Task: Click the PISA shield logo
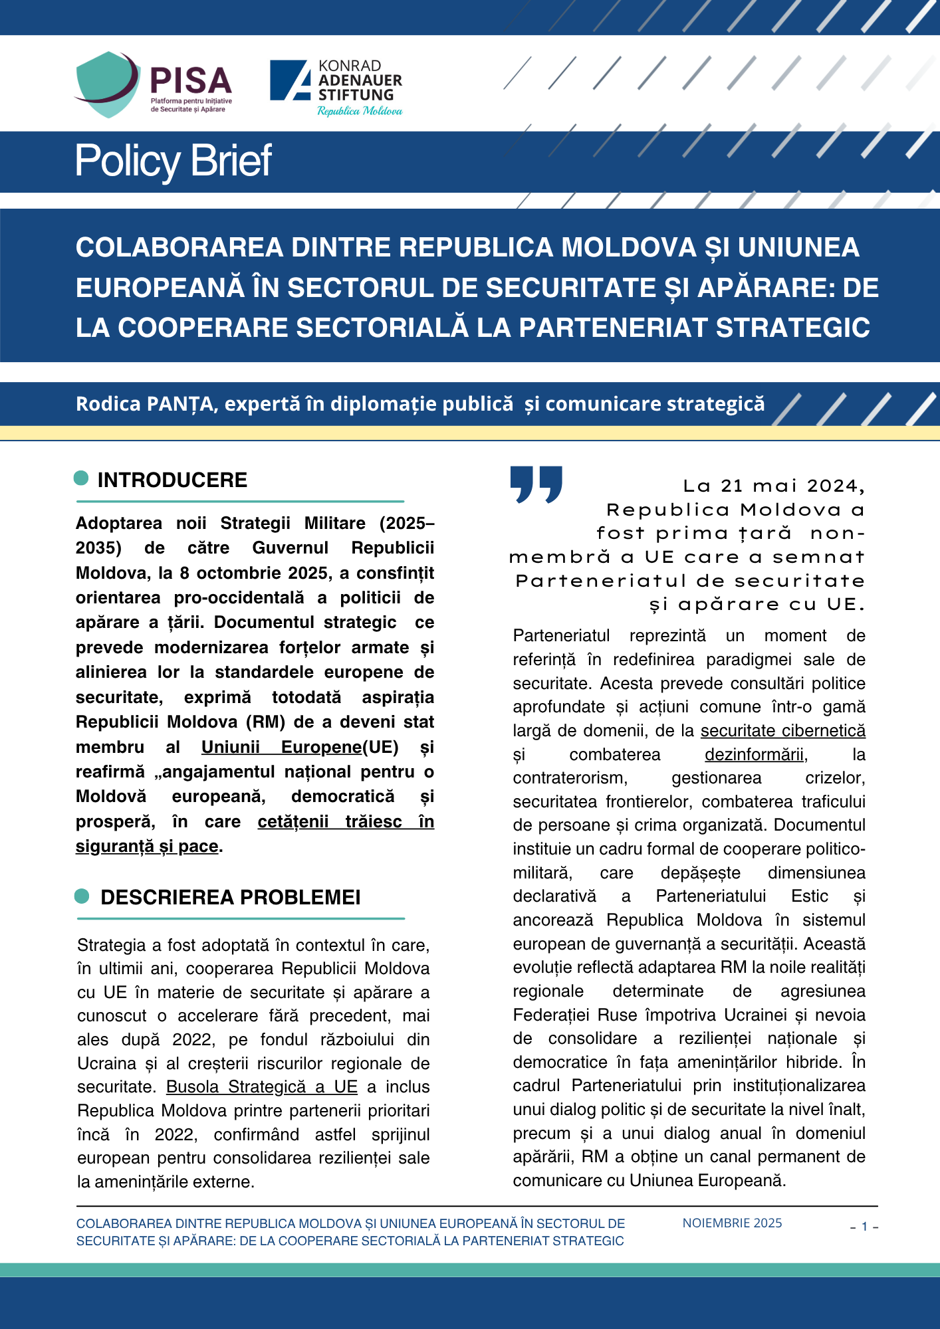click(106, 84)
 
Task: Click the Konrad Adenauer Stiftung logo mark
click(291, 80)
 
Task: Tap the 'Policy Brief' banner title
click(173, 161)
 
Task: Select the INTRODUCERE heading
click(172, 480)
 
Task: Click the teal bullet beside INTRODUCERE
click(81, 478)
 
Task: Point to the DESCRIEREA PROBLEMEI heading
click(230, 897)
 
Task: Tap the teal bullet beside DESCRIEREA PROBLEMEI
click(82, 896)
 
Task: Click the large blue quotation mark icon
click(536, 484)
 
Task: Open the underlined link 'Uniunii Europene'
click(281, 747)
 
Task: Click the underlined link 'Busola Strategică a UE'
click(261, 1086)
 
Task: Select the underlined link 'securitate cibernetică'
click(782, 730)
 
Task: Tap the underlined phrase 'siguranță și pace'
click(147, 846)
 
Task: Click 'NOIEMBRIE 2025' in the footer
click(732, 1223)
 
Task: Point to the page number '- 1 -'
click(864, 1227)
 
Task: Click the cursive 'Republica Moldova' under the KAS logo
click(360, 111)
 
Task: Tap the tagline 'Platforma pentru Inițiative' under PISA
click(191, 101)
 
